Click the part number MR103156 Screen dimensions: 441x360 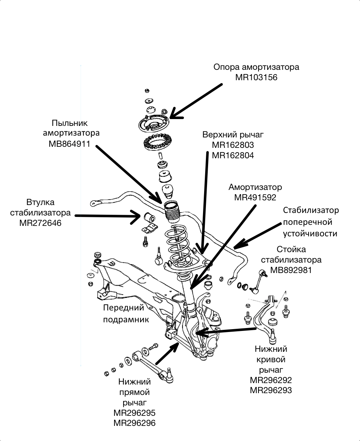[256, 77]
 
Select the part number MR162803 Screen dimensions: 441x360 [233, 145]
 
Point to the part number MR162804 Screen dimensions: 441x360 [233, 155]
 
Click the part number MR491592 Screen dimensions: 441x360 [255, 197]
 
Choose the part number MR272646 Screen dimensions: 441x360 [40, 223]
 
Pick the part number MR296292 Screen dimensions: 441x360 [271, 380]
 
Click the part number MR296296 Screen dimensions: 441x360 [135, 423]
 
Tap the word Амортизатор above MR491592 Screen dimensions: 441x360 [255, 187]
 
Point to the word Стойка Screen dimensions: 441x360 [291, 249]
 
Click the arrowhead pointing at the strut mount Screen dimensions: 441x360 [173, 114]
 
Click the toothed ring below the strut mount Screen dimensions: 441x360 [157, 145]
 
